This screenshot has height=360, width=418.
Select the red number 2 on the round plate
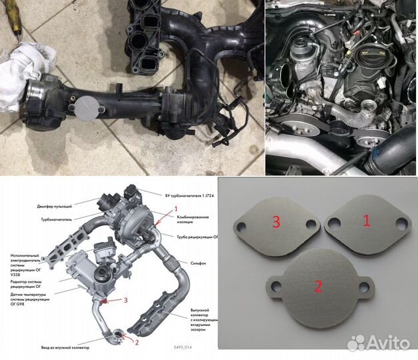tap(319, 287)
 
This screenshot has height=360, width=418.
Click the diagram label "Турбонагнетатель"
tap(56, 218)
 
